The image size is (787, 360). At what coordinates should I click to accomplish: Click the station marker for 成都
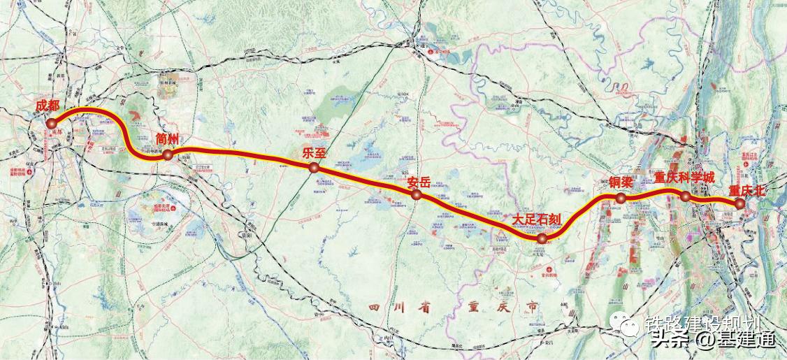[x=52, y=124]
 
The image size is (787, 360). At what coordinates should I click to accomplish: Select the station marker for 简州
[x=168, y=156]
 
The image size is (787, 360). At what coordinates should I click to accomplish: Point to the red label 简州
[x=168, y=138]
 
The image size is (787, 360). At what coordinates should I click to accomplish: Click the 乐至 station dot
[x=315, y=168]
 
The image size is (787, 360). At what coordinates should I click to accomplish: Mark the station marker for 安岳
[x=417, y=195]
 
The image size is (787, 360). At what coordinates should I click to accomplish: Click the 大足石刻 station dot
[x=542, y=239]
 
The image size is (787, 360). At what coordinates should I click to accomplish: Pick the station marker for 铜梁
[x=621, y=199]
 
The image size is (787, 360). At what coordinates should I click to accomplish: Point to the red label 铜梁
[x=620, y=182]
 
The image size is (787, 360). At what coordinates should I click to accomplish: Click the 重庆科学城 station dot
[x=686, y=196]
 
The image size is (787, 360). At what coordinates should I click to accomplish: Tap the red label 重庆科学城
[x=684, y=178]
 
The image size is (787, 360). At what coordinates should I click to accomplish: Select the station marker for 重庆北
[x=739, y=203]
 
